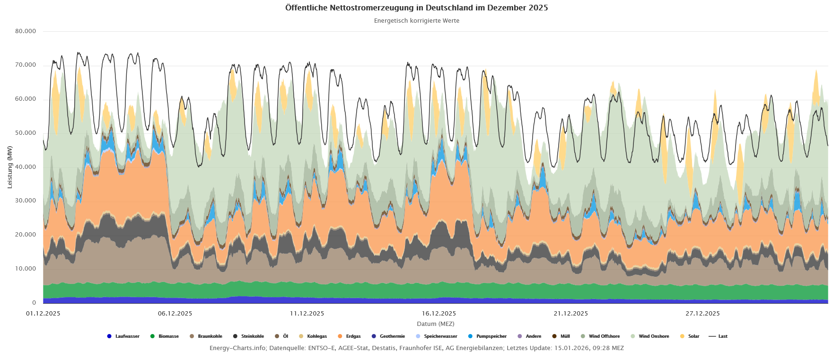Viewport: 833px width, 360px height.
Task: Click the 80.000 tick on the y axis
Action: click(26, 31)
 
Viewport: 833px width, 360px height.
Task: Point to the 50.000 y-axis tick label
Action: click(26, 133)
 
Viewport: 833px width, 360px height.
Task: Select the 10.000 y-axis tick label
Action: click(26, 269)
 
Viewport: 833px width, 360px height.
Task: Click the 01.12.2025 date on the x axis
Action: click(43, 314)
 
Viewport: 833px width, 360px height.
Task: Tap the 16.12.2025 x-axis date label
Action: click(439, 314)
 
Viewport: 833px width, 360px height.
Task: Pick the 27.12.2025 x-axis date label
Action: click(702, 314)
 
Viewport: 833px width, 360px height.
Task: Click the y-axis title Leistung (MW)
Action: click(10, 167)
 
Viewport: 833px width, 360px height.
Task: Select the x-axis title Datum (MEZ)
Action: click(435, 324)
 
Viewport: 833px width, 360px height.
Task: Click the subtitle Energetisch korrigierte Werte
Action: click(416, 21)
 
